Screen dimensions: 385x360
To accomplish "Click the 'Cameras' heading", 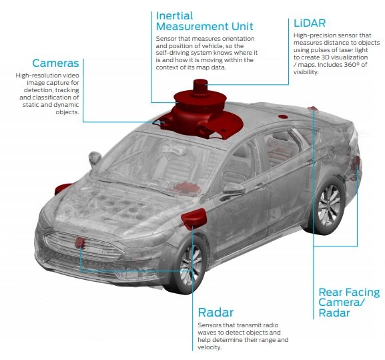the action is pyautogui.click(x=55, y=63).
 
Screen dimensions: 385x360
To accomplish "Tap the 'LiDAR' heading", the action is pyautogui.click(x=310, y=23).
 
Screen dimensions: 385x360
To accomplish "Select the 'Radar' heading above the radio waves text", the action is pyautogui.click(x=216, y=313).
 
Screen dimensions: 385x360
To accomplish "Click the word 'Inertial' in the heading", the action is pyautogui.click(x=174, y=16).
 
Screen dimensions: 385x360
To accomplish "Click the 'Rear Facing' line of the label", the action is pyautogui.click(x=349, y=292).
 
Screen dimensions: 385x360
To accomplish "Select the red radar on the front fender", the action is pyautogui.click(x=194, y=218).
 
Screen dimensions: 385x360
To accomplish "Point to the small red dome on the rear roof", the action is pyautogui.click(x=283, y=117).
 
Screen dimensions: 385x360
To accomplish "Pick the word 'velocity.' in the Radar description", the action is pyautogui.click(x=210, y=347).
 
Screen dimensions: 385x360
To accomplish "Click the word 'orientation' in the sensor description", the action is pyautogui.click(x=238, y=39).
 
